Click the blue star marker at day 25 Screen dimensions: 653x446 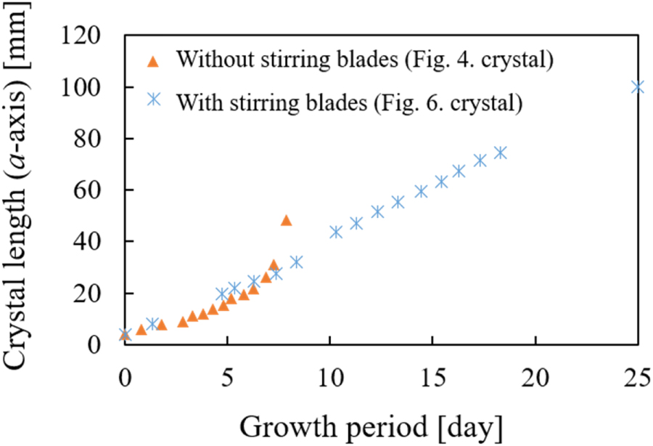[x=638, y=86]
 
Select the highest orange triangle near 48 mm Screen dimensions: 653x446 [x=286, y=220]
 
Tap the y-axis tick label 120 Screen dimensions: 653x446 [x=93, y=36]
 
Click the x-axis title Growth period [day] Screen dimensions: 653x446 [x=370, y=425]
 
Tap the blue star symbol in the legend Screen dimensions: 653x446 [x=153, y=100]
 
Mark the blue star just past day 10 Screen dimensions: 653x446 [x=336, y=232]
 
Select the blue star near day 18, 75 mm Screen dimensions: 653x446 [x=500, y=153]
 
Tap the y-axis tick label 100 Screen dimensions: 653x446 [x=93, y=87]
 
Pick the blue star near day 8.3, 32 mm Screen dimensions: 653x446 [x=296, y=261]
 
